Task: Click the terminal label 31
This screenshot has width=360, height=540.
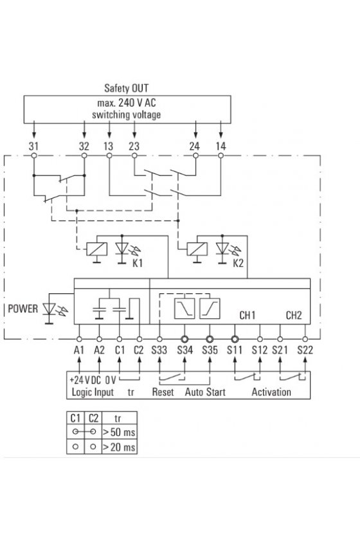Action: [x=33, y=147]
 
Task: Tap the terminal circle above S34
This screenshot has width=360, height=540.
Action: [x=184, y=339]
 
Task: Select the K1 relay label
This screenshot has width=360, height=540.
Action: [x=138, y=263]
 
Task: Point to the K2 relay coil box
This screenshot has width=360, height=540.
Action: [x=197, y=249]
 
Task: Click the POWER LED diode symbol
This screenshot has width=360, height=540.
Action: [x=50, y=309]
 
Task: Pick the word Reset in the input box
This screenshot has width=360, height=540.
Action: [x=163, y=392]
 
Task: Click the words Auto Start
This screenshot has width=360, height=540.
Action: [x=205, y=392]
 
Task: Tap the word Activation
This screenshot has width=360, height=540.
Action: [x=271, y=392]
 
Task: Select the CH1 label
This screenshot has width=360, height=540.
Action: [x=248, y=315]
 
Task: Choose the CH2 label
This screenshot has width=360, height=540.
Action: [x=294, y=315]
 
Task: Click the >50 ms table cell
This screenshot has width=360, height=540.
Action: [x=119, y=432]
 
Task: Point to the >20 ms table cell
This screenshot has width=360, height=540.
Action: [x=119, y=447]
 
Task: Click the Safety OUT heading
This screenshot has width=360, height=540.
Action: [x=127, y=88]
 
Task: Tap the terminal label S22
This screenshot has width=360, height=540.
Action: [x=305, y=350]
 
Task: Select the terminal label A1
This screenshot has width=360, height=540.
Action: [x=79, y=350]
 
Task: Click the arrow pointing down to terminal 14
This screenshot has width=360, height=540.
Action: [x=221, y=130]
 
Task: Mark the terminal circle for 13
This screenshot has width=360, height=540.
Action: [x=109, y=156]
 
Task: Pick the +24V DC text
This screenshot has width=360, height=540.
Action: [x=85, y=380]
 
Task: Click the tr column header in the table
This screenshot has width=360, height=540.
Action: [x=118, y=419]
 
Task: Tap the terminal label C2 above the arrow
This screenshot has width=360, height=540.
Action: [x=138, y=350]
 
